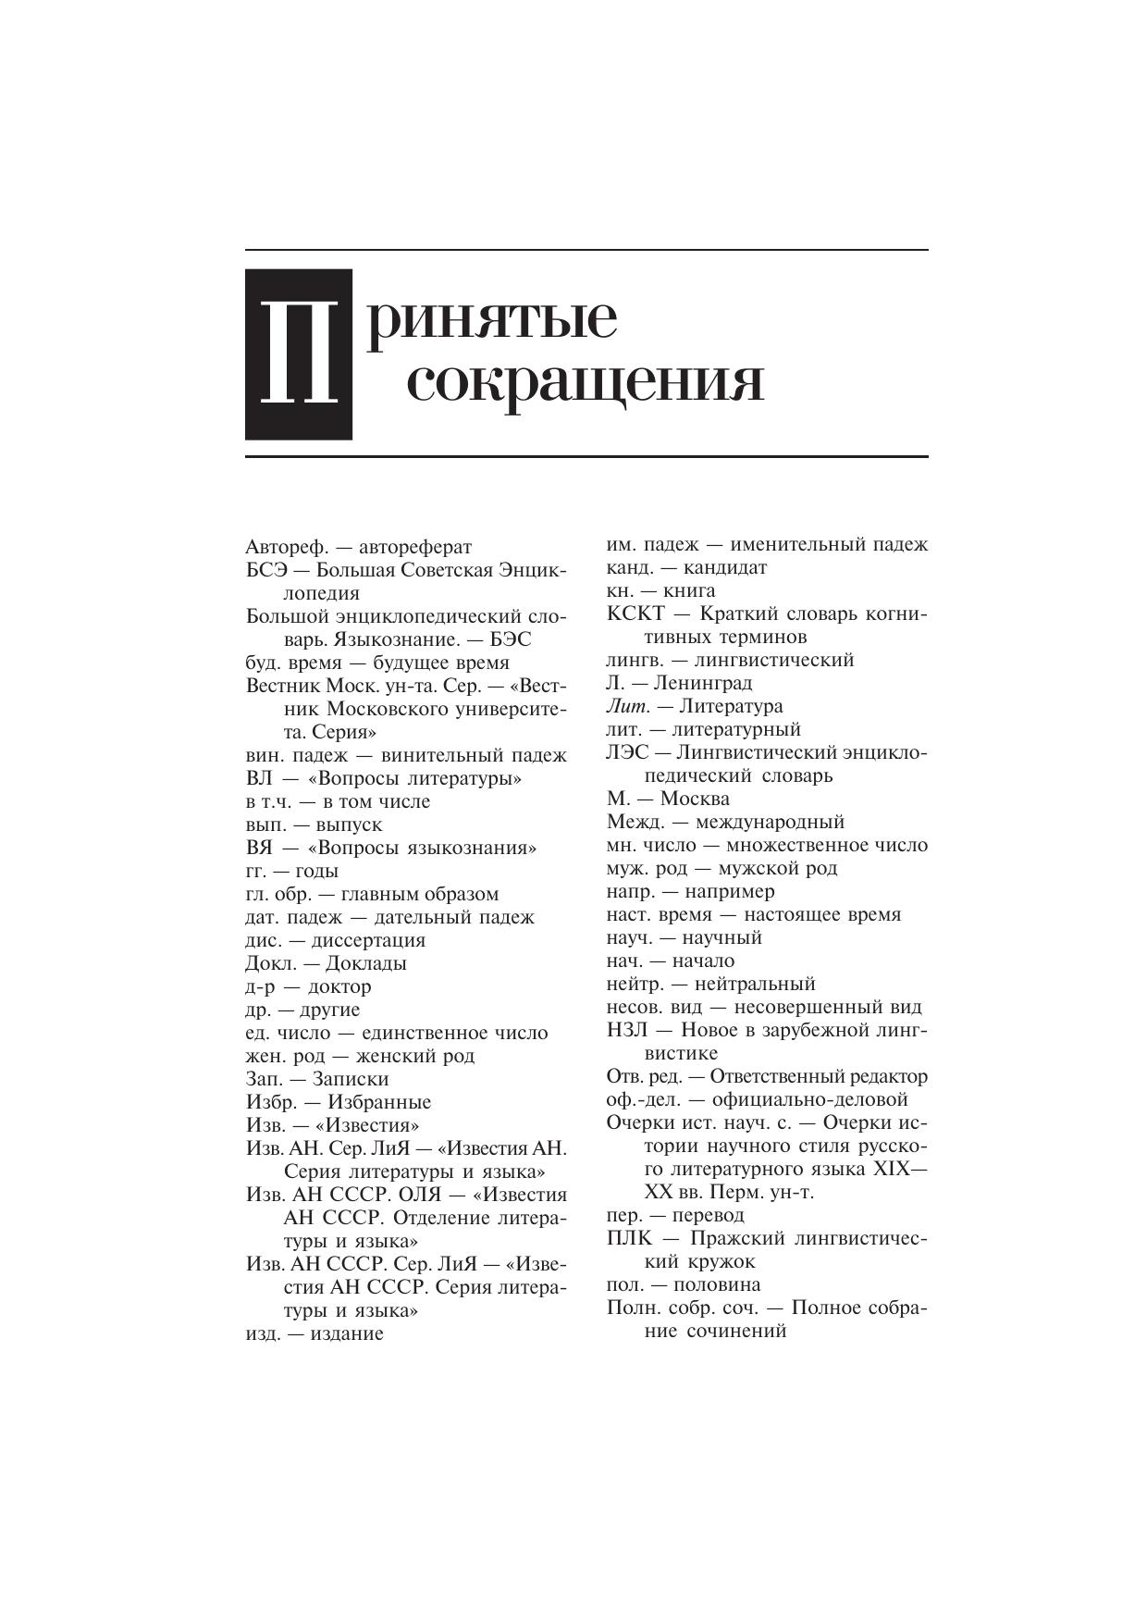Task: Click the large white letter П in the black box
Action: [x=297, y=354]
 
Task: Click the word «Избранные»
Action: [x=379, y=1102]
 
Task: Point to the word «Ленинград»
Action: [x=703, y=683]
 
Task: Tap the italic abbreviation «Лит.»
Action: [x=628, y=706]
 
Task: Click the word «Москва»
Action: [x=691, y=799]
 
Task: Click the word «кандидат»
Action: [x=726, y=567]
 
